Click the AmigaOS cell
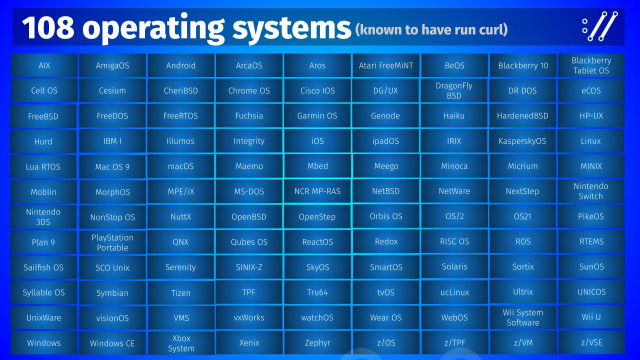coord(112,65)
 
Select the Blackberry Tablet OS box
coord(591,65)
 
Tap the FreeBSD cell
coord(44,116)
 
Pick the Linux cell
coord(591,141)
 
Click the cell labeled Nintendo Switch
coord(591,190)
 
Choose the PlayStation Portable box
coord(112,242)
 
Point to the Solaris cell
coord(454,268)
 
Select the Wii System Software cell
coord(522,318)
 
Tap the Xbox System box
coord(181,343)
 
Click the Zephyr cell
coord(317,343)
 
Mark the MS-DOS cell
coord(249,190)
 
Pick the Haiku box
coord(454,116)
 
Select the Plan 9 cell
coord(44,242)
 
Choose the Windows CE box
coord(112,343)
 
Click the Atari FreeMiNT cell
coord(386,65)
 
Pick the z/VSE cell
coord(591,343)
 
